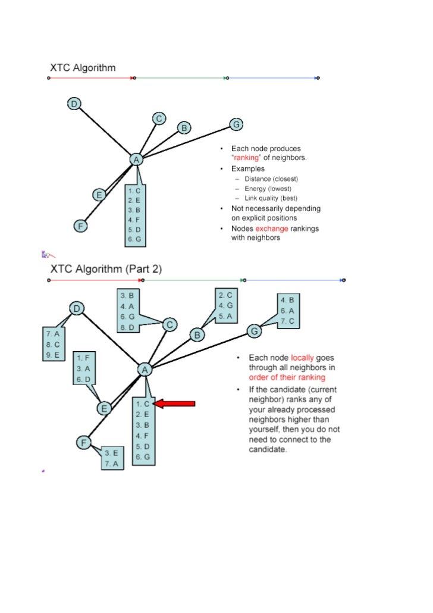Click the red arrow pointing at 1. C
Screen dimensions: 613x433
[x=176, y=404]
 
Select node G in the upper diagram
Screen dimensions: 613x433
[x=236, y=124]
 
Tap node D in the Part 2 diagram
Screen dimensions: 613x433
[x=77, y=308]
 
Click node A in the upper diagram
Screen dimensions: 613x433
[x=136, y=159]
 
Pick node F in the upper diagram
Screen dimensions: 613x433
[x=79, y=226]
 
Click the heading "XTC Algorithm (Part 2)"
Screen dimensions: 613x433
[x=106, y=268]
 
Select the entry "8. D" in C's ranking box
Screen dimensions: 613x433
[x=127, y=327]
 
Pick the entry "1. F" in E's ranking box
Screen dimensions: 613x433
[x=83, y=358]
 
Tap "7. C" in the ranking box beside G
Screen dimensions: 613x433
[x=288, y=321]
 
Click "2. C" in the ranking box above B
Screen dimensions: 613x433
[x=225, y=295]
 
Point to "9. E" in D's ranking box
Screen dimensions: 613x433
[x=52, y=355]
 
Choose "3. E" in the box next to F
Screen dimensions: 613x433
[x=111, y=452]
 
